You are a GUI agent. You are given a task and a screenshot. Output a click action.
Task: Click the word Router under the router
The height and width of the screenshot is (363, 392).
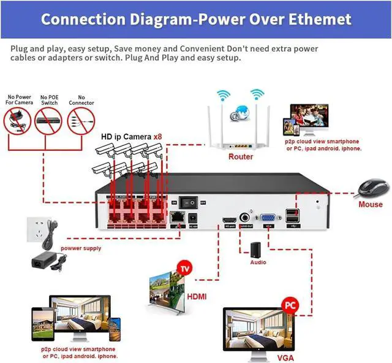(241, 157)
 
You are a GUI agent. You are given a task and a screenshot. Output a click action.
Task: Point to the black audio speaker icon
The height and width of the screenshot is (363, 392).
(255, 250)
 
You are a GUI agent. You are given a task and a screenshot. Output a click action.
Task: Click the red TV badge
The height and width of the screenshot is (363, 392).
(183, 269)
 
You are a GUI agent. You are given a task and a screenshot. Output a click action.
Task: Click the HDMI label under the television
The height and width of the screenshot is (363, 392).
(197, 297)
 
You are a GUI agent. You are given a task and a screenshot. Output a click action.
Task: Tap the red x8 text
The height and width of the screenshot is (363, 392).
(157, 136)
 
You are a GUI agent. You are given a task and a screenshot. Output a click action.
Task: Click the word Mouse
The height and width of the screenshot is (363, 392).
(371, 204)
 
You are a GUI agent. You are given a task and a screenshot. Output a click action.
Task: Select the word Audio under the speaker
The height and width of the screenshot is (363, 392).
(258, 262)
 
